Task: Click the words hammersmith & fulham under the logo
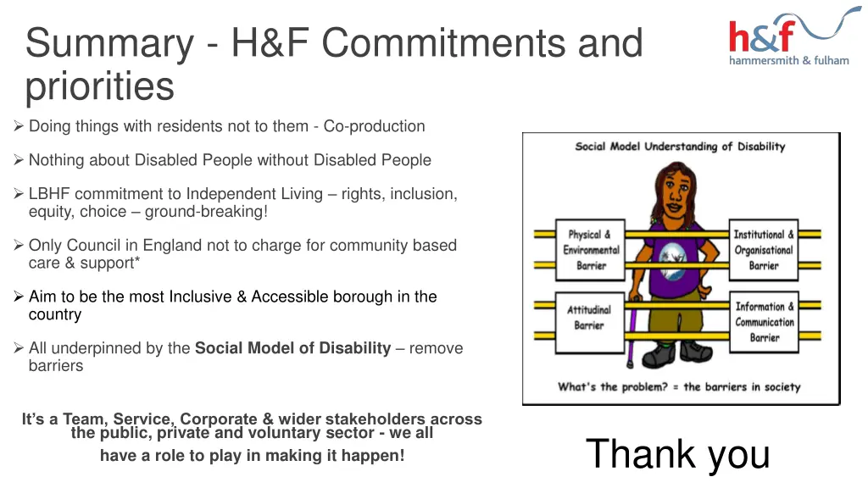788,61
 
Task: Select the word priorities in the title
99,86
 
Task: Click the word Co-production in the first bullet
374,126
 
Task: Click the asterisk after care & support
137,262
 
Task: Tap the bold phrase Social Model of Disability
292,348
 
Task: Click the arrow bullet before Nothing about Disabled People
19,160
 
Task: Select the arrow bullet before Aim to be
19,297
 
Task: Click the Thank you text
677,453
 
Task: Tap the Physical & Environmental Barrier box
592,250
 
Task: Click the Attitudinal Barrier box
589,317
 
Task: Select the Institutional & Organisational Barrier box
764,250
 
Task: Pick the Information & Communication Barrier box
765,322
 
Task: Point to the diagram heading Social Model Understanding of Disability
680,147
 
